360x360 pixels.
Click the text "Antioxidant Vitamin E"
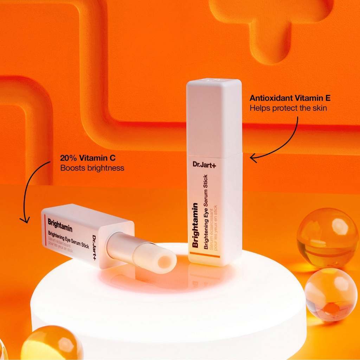290,98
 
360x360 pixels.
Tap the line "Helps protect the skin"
288,108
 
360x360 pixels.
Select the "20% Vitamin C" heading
83,158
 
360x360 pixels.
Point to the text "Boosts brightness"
92,168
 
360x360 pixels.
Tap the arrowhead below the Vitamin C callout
24,220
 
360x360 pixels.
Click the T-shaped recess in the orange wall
271,28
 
